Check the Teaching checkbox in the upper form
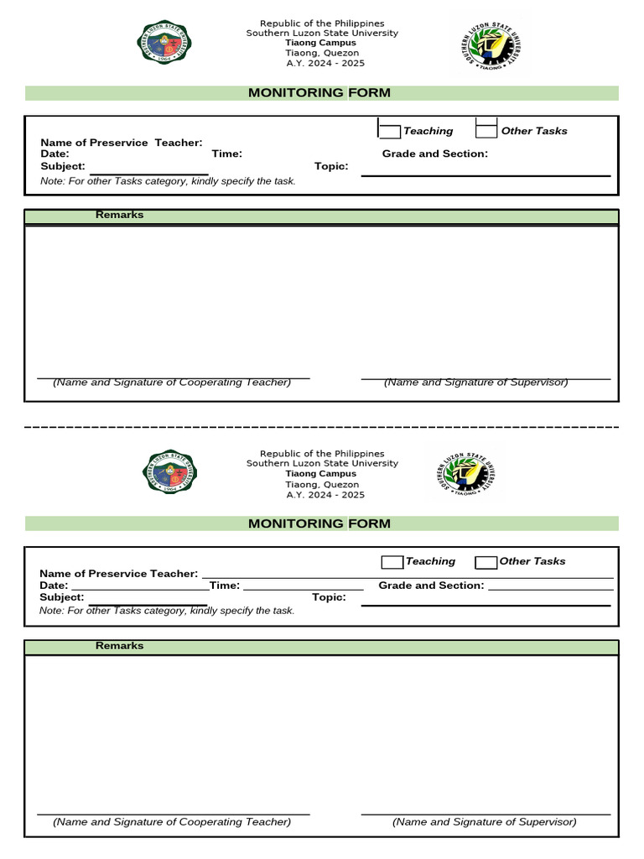point(390,129)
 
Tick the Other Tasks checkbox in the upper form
point(486,129)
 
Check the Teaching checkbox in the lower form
point(392,562)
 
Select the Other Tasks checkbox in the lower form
point(486,562)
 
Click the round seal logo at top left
point(164,42)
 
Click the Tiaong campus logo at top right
point(489,44)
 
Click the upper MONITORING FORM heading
point(319,93)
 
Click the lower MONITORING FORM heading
point(319,523)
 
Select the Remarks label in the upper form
point(119,215)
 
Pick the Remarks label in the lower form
point(119,646)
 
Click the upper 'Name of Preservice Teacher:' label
point(122,143)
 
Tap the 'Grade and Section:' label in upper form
point(434,154)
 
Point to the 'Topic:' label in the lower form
point(329,597)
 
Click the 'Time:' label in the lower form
point(225,586)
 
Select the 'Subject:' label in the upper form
point(63,166)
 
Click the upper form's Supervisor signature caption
point(475,383)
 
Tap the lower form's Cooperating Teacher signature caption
point(172,822)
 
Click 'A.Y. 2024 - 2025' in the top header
point(325,64)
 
